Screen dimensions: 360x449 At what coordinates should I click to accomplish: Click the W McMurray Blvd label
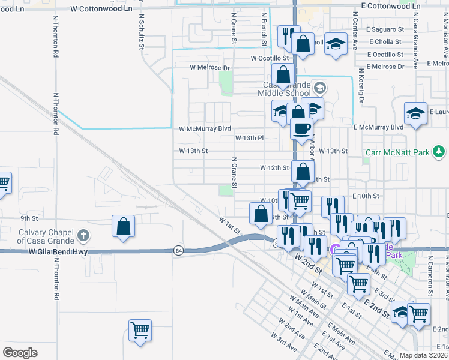tap(205, 128)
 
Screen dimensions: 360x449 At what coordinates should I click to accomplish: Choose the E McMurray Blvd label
tap(378, 127)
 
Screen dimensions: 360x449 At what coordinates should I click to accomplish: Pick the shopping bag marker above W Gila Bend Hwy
tap(123, 226)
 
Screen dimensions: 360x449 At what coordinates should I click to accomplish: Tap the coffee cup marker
tap(301, 128)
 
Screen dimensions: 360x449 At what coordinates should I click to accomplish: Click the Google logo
tap(20, 353)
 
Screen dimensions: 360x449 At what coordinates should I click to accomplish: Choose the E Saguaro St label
tap(386, 29)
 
